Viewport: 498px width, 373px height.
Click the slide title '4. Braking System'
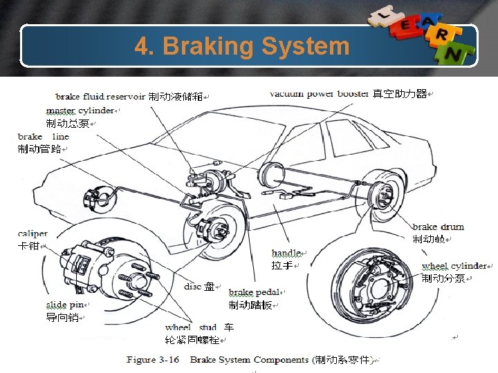tap(242, 46)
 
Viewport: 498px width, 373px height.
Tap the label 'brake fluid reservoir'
tap(100, 97)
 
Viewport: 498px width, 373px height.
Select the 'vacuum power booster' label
tap(319, 93)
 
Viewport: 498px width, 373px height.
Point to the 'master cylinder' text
tap(80, 111)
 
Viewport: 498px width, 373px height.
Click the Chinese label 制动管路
tap(39, 150)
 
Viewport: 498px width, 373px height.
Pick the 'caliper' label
tap(33, 234)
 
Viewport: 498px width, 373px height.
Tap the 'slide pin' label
tap(66, 305)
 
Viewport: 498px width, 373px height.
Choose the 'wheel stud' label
tap(191, 327)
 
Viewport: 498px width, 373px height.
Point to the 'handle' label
tap(286, 254)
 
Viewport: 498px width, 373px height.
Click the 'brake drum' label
tap(438, 227)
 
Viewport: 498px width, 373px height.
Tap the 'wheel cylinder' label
tap(454, 266)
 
